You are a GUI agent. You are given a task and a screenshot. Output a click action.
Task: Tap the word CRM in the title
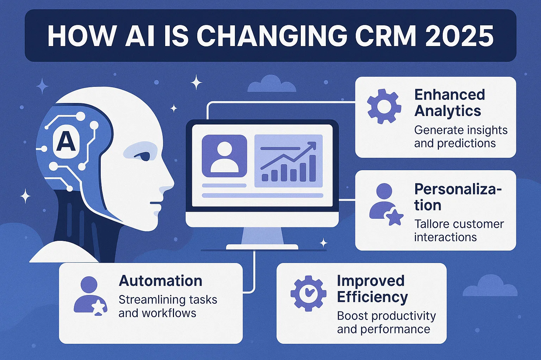pyautogui.click(x=387, y=36)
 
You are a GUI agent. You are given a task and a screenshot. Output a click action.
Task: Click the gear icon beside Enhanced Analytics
pyautogui.click(x=384, y=106)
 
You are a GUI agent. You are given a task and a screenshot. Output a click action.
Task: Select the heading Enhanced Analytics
pyautogui.click(x=449, y=103)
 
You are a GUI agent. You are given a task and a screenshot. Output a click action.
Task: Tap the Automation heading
pyautogui.click(x=161, y=281)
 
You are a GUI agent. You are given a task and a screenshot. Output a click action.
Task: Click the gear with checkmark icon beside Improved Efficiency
pyautogui.click(x=308, y=293)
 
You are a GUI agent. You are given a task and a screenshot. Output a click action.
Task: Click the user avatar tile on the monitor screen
pyautogui.click(x=224, y=156)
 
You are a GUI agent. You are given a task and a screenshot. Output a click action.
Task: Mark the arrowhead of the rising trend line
pyautogui.click(x=311, y=145)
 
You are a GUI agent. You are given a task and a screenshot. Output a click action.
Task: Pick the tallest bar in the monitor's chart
pyautogui.click(x=312, y=168)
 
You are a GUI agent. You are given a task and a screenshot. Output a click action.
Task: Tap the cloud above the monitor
pyautogui.click(x=271, y=84)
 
